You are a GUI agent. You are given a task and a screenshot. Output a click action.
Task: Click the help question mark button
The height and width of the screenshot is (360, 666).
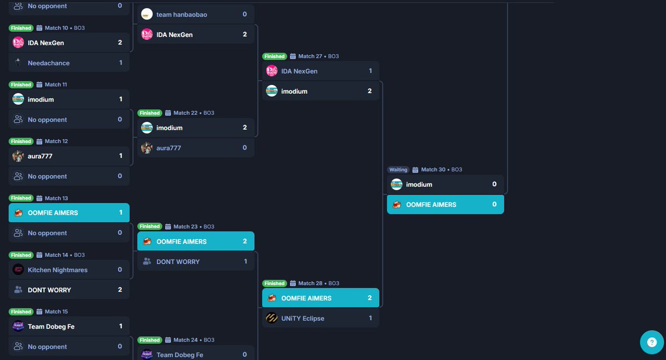(x=652, y=342)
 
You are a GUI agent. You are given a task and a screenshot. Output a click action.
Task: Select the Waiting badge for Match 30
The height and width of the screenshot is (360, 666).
(x=398, y=170)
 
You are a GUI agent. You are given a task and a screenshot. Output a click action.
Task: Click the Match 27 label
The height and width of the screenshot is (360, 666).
(x=310, y=57)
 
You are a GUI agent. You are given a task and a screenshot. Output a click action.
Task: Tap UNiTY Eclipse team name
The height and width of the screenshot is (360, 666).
(x=302, y=318)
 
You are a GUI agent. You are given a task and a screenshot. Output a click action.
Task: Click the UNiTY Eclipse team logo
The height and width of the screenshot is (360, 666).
(x=271, y=318)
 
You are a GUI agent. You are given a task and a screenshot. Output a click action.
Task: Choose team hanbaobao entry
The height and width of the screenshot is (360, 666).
(x=181, y=14)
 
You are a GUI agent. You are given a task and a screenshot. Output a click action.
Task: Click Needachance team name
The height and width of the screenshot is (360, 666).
(x=49, y=63)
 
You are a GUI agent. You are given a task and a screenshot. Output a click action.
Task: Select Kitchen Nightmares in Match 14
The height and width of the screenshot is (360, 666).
(x=58, y=270)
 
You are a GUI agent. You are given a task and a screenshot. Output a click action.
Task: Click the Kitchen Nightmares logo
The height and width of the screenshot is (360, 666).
(x=18, y=270)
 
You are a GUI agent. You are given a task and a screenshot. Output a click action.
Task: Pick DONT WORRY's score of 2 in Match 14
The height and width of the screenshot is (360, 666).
(x=120, y=290)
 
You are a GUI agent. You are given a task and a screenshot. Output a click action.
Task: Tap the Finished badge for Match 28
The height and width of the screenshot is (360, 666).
(x=274, y=283)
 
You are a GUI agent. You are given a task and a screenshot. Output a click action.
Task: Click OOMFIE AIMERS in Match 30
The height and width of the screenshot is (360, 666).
(x=431, y=205)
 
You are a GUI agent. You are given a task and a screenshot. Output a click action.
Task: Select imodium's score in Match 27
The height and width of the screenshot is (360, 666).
(x=370, y=92)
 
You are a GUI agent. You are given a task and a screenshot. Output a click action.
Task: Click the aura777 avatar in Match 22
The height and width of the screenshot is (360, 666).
(x=147, y=148)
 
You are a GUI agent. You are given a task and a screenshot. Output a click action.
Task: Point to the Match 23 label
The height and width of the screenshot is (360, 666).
(x=185, y=227)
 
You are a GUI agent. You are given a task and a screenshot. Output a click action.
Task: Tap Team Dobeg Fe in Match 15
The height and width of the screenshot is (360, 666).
(x=51, y=327)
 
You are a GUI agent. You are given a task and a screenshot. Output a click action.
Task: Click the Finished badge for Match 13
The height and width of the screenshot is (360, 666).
(x=21, y=198)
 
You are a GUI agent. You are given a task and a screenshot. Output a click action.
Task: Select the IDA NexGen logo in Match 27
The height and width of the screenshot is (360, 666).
(x=271, y=71)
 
